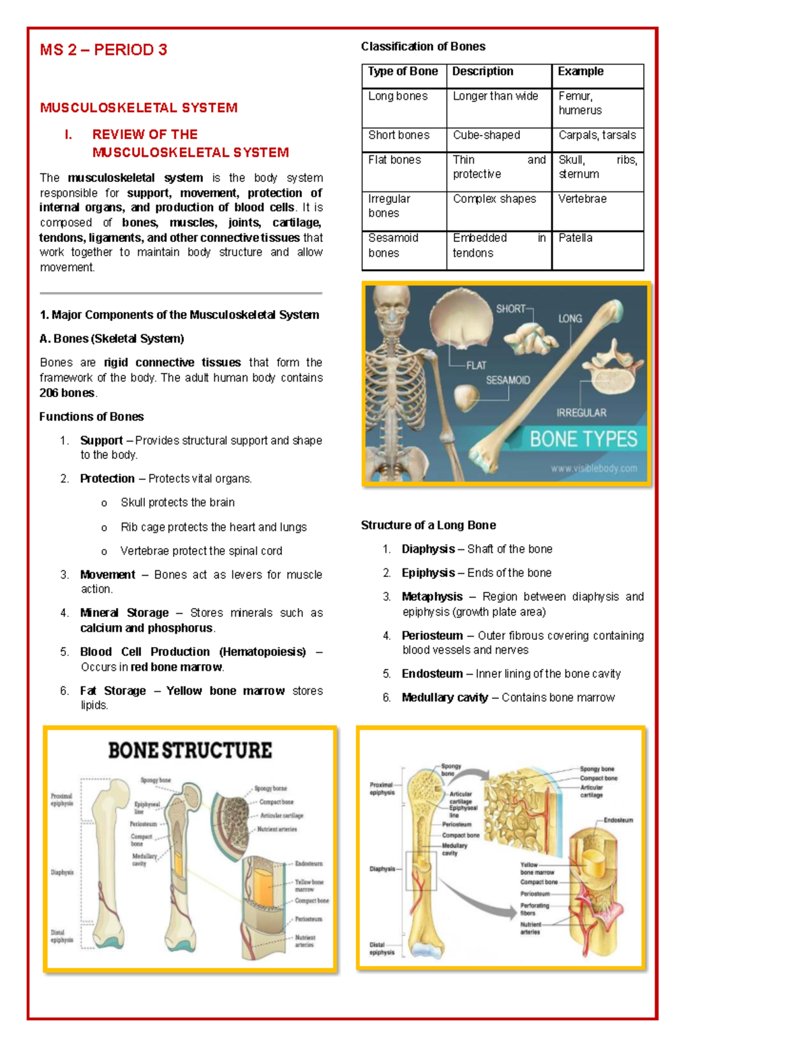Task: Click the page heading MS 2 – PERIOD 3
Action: [103, 50]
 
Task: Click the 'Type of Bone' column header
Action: [402, 71]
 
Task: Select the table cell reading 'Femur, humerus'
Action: [580, 103]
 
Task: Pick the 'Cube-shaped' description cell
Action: [486, 135]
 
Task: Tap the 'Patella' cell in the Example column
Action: [575, 238]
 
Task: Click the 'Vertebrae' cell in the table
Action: [582, 199]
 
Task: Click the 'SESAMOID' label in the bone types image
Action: [508, 380]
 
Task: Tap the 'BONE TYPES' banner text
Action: [583, 440]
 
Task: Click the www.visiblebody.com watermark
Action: [593, 469]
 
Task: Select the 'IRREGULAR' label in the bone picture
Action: [581, 413]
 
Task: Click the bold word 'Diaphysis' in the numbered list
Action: [428, 549]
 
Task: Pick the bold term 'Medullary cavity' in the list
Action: [444, 698]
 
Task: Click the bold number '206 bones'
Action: [67, 393]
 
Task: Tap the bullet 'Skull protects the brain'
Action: [177, 503]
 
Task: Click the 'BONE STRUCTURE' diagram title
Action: [190, 750]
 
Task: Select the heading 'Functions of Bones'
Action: [91, 417]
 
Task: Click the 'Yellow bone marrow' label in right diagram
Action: [537, 868]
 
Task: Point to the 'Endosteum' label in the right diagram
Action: [618, 820]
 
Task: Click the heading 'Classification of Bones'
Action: [423, 47]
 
